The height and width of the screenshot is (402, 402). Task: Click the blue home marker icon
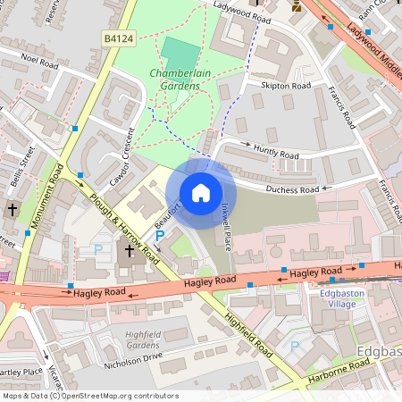[x=201, y=193]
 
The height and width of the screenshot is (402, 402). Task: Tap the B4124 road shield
[x=118, y=38]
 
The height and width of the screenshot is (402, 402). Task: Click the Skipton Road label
[x=286, y=86]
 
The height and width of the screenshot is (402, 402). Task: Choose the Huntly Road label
[x=276, y=155]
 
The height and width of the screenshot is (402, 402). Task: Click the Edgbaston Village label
[x=336, y=297]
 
